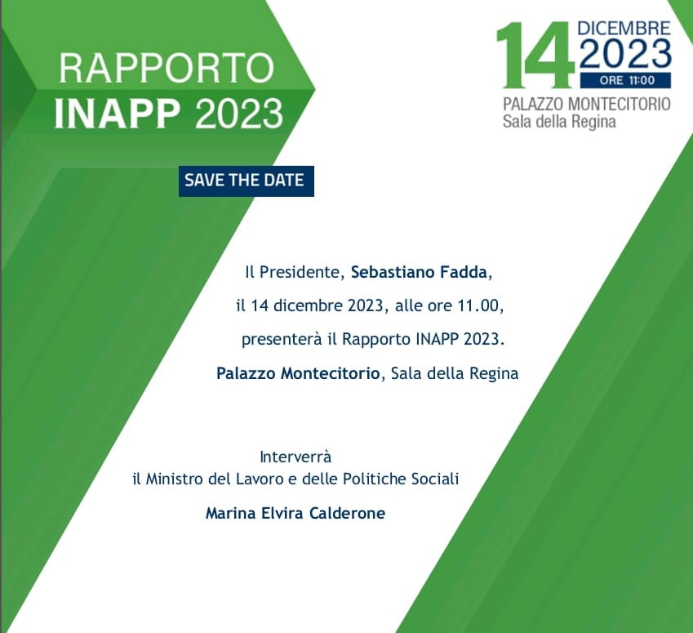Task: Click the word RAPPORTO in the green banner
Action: click(167, 68)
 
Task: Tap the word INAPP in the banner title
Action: click(117, 114)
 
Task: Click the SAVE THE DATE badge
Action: click(247, 181)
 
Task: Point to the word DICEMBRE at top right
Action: click(624, 29)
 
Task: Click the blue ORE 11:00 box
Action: click(625, 80)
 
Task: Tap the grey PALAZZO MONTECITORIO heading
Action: click(587, 105)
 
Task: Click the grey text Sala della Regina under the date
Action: click(559, 122)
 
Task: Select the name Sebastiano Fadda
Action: click(419, 272)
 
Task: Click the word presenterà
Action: click(282, 340)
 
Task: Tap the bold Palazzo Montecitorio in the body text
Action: click(298, 373)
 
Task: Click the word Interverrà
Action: click(295, 457)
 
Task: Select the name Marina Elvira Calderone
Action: click(295, 513)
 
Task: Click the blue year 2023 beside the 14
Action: click(625, 54)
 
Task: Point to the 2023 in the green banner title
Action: click(238, 114)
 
